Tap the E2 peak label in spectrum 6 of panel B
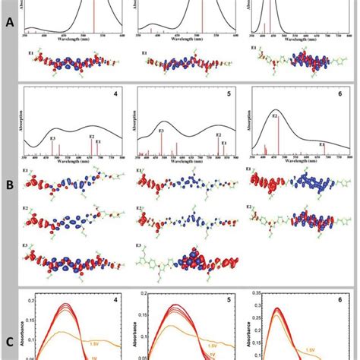pyautogui.click(x=275, y=116)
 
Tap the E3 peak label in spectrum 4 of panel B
pyautogui.click(x=52, y=138)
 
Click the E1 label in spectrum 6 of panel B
pyautogui.click(x=321, y=143)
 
